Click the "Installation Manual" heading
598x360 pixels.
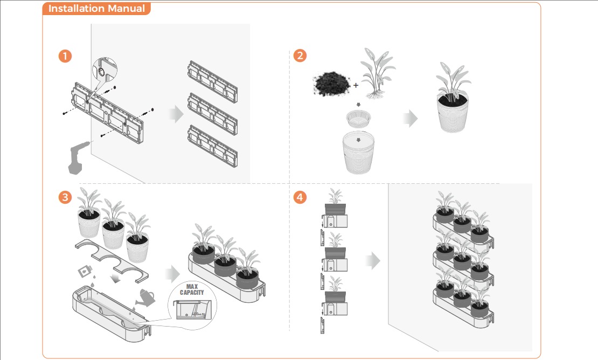pos(96,9)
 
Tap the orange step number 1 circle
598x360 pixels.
pos(65,56)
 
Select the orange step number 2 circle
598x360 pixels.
pos(300,56)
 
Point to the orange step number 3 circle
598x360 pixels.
pos(65,197)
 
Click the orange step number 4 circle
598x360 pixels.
pos(300,197)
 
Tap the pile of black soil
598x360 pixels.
pos(332,84)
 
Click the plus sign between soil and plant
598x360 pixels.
pos(356,85)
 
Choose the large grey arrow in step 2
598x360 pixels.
pos(411,119)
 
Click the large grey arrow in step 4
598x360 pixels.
pos(372,261)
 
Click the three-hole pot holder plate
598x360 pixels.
pos(113,259)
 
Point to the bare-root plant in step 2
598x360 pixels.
pos(378,74)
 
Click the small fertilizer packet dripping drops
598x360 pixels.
pos(84,269)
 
